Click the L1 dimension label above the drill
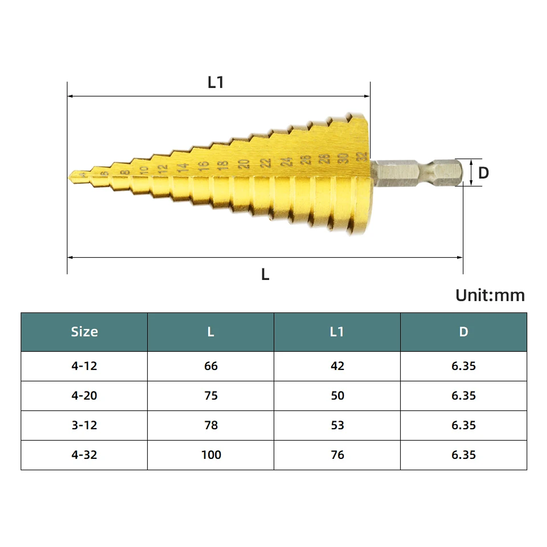(215, 82)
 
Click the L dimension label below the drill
(265, 274)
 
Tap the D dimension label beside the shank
(483, 173)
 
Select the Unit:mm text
(490, 295)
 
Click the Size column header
(84, 332)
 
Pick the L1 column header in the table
(337, 332)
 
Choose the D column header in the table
(463, 332)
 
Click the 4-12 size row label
(84, 366)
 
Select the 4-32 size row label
(84, 455)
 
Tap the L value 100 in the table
(211, 455)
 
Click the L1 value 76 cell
(337, 455)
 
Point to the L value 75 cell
(211, 395)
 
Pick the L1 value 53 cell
(337, 425)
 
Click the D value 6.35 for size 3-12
(463, 425)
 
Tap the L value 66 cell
(211, 366)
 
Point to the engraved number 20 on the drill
(243, 164)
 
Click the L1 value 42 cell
(337, 366)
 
